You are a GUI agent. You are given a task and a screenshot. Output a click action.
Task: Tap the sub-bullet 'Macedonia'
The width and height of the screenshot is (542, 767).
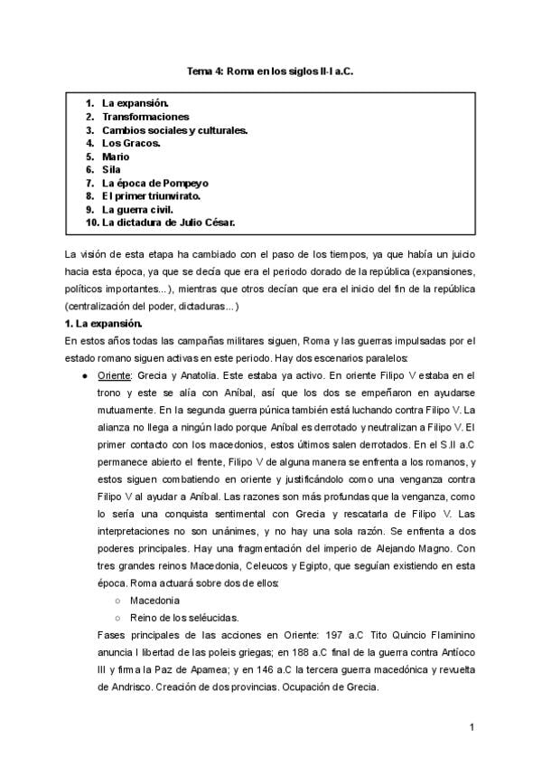153,601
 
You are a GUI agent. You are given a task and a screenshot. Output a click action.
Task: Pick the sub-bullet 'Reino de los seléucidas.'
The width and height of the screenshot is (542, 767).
177,618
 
